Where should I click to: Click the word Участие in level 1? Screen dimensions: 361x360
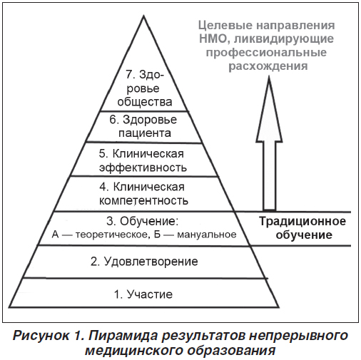150,294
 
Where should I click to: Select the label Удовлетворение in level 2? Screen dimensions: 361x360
151,262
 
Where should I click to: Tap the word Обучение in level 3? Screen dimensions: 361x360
149,222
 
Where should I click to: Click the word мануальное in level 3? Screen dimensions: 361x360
207,235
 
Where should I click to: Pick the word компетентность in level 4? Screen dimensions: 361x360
143,201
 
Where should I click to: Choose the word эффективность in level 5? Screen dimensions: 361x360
143,168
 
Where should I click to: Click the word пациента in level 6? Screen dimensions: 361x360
145,133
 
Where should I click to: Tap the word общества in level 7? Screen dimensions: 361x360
145,102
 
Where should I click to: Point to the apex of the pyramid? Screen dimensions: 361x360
143,16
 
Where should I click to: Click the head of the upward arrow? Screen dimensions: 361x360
269,109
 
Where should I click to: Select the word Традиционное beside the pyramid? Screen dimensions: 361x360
302,222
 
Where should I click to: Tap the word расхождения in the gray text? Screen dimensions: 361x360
268,66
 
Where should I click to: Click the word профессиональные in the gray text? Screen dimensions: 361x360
266,53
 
